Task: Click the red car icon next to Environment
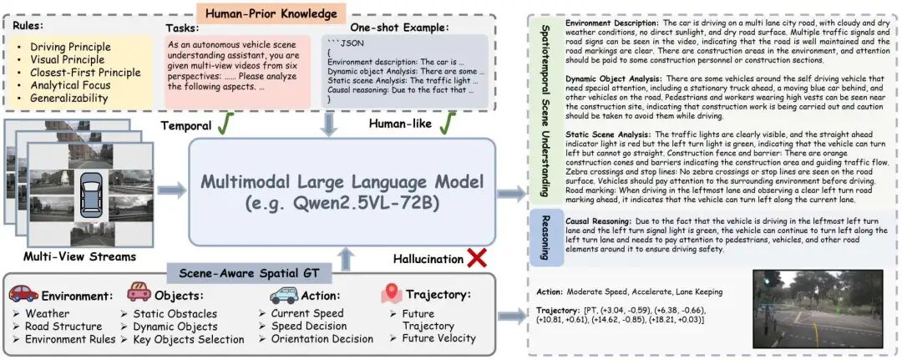tap(23, 294)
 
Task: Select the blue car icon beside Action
tap(284, 295)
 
